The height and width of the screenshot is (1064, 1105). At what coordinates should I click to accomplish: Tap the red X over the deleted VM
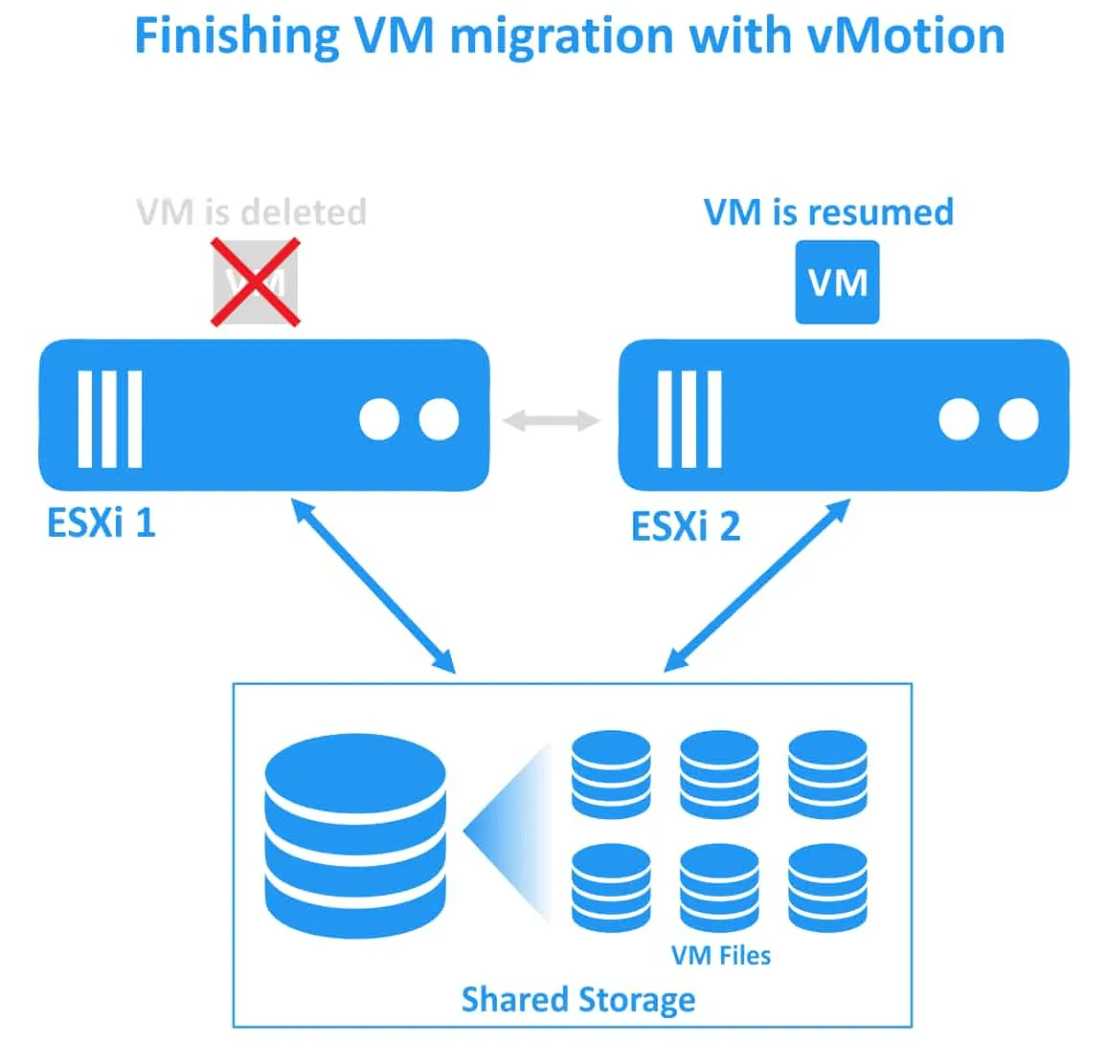[256, 282]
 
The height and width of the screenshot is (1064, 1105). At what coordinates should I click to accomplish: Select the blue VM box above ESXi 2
[837, 282]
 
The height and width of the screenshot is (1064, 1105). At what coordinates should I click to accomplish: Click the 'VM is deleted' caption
[252, 211]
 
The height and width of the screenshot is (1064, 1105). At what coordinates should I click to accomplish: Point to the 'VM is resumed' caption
[828, 211]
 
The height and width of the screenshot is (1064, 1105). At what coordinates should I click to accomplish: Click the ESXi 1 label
[101, 523]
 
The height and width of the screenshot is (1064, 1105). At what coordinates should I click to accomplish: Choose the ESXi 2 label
[686, 526]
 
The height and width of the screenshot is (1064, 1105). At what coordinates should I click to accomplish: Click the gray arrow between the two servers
[552, 419]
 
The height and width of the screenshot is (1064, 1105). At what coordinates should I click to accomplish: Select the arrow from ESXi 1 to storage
[373, 585]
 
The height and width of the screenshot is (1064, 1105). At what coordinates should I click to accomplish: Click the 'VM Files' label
[721, 955]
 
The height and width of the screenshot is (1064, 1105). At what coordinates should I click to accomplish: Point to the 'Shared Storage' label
[578, 999]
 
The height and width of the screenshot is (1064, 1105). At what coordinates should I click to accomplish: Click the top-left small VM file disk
[611, 774]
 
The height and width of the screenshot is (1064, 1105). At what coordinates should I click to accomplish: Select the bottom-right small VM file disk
[827, 887]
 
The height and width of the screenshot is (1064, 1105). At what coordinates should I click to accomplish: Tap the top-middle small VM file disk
[719, 774]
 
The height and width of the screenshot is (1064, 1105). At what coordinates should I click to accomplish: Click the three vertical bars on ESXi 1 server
[110, 419]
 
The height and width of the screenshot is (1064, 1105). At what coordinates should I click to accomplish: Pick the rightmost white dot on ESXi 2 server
[1018, 419]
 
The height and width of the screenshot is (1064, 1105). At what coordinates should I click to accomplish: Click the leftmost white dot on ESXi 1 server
[379, 419]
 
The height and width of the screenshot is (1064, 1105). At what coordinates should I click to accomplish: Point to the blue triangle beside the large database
[512, 831]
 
